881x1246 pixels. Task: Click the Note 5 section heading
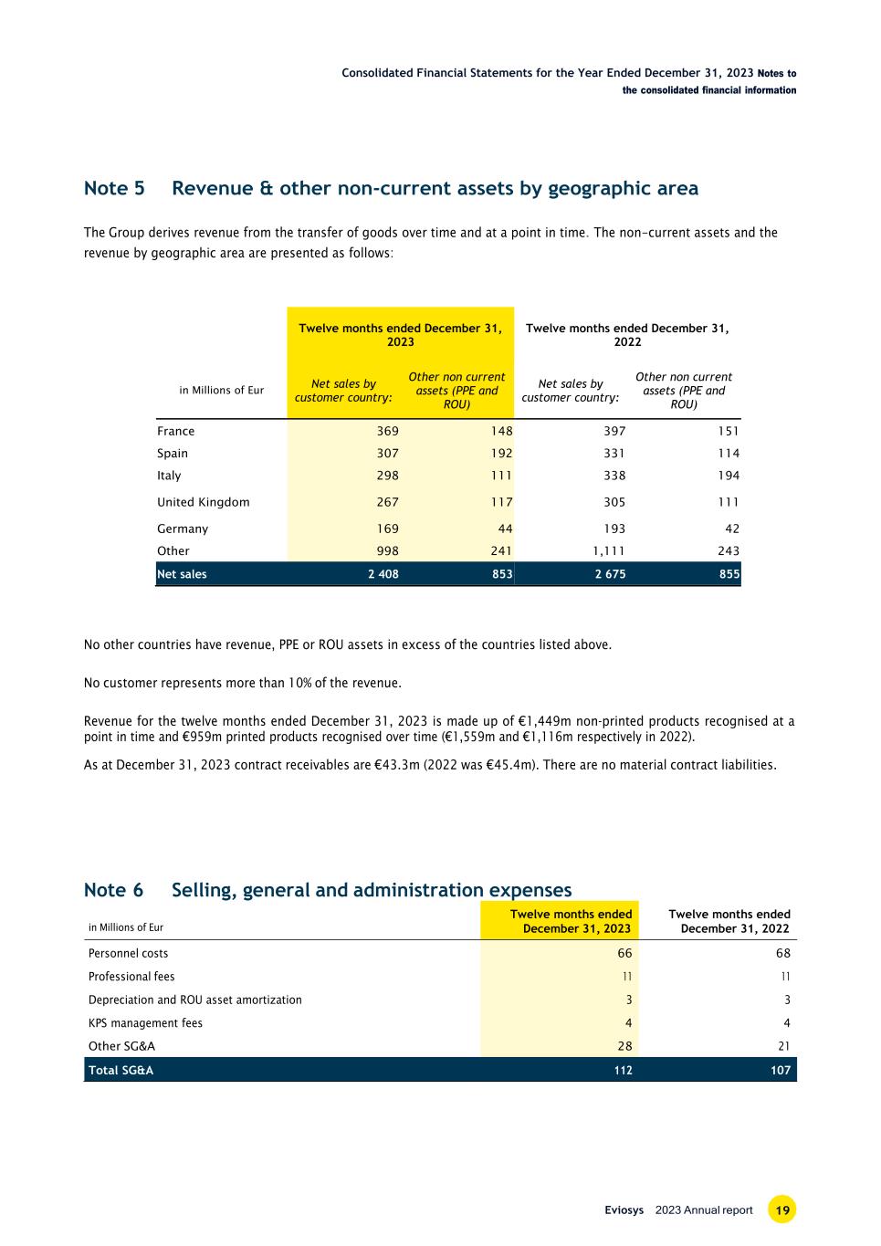coord(390,189)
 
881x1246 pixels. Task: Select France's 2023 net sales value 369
coord(383,432)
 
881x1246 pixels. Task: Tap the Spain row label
coord(173,454)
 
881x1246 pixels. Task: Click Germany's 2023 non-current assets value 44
coord(505,529)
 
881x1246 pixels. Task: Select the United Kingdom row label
coord(203,502)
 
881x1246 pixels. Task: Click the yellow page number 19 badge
coord(782,1210)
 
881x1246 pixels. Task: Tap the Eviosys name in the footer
coord(624,1210)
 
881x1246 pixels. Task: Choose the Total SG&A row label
coord(121,1070)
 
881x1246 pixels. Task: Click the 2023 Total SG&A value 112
coord(623,1070)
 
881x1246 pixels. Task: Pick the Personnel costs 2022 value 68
coord(782,953)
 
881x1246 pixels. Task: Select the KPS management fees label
coord(145,1023)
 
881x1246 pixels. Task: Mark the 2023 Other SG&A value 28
coord(624,1046)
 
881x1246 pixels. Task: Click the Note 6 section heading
coord(327,890)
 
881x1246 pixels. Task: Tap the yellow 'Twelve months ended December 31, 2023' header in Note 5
coord(400,335)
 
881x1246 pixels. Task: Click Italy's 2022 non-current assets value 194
coord(729,476)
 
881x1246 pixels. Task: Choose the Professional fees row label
coord(131,977)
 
